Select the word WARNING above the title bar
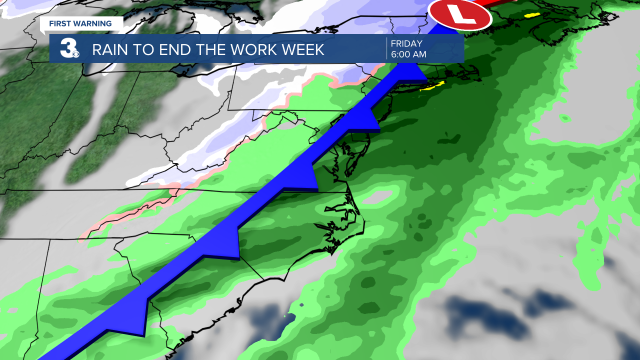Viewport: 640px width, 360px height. (93, 23)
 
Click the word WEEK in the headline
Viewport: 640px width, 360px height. (301, 49)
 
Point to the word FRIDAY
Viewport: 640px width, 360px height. (406, 43)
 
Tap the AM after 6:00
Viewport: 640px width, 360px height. (419, 54)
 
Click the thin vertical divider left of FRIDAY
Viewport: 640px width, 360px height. (386, 48)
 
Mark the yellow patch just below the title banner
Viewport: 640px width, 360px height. (430, 87)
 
